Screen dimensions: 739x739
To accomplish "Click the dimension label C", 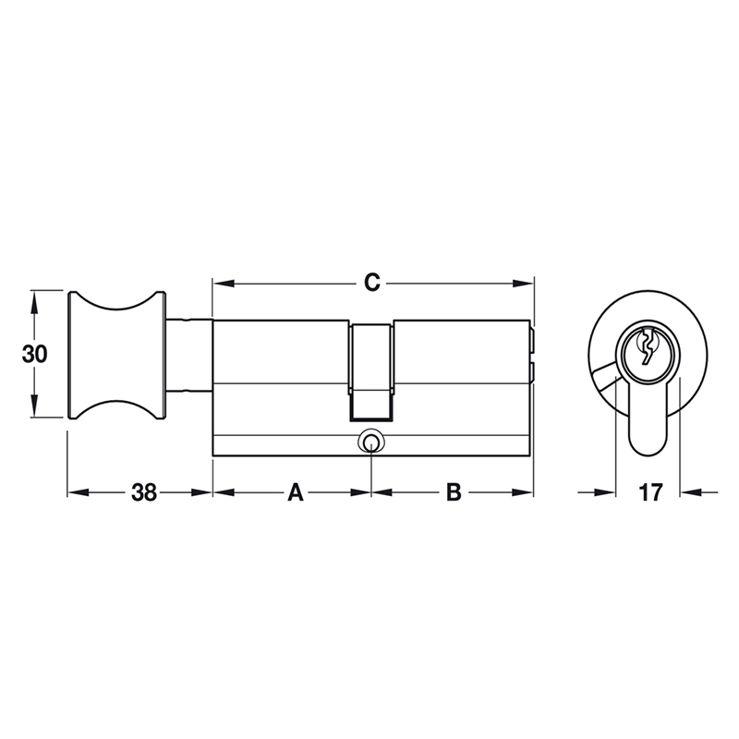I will (370, 283).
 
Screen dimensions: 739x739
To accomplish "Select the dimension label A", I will (295, 492).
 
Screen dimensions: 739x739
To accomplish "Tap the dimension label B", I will (454, 492).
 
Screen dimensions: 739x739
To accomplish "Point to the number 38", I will (143, 492).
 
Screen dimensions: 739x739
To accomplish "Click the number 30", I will (35, 354).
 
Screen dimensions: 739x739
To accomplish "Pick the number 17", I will (650, 492).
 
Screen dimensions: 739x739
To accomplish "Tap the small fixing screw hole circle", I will (370, 442).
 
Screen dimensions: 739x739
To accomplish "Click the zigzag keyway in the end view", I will (648, 348).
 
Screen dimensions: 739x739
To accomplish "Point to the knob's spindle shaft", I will (189, 356).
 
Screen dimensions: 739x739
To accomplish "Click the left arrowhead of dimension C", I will (219, 283).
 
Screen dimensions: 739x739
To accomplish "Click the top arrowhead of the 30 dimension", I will (35, 297).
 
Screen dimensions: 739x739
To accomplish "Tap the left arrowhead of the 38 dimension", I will (73, 492).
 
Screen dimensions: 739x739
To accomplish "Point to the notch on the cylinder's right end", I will (532, 352).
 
